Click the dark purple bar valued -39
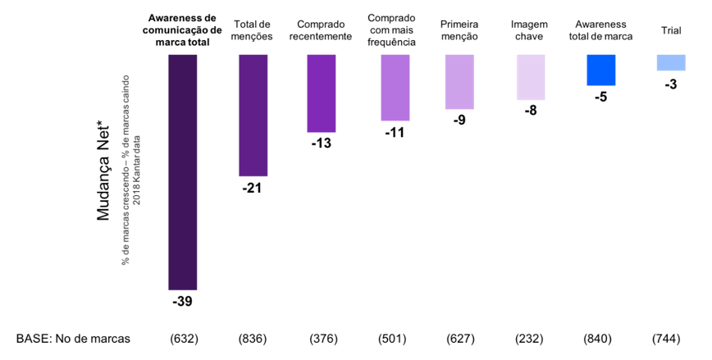182,172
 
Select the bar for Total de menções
253,116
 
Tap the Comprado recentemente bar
322,93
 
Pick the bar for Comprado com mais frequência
395,88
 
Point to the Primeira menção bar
459,82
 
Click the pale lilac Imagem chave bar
531,77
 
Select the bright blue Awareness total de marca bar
601,71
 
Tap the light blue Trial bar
670,62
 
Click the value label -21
252,189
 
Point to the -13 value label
322,144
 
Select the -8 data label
531,111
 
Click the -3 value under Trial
670,84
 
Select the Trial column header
670,30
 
